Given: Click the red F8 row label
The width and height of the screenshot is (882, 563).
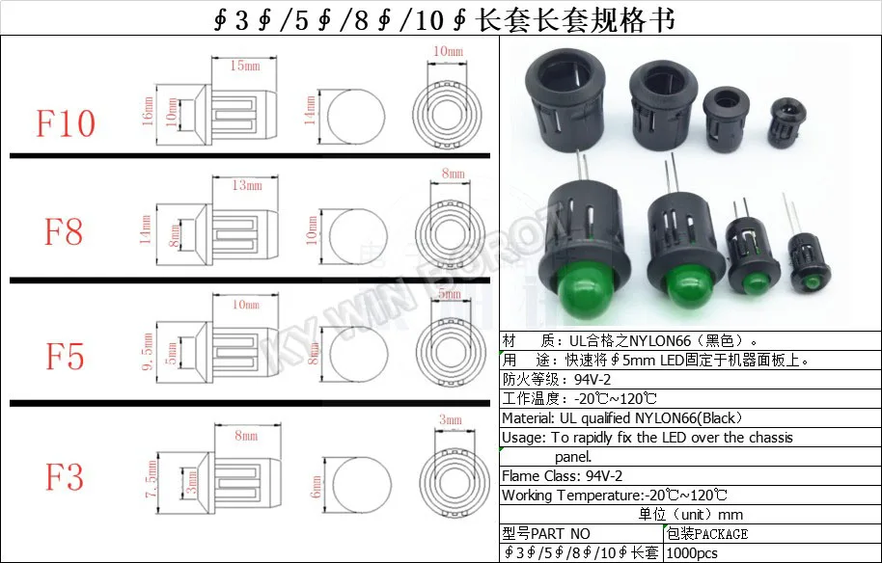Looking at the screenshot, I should (64, 232).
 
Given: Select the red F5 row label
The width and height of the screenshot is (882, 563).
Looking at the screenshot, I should (65, 357).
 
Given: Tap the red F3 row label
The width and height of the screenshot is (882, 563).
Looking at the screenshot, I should (64, 477).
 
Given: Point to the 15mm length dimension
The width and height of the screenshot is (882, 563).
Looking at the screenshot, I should (244, 67).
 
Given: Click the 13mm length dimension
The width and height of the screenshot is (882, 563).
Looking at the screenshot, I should (245, 185).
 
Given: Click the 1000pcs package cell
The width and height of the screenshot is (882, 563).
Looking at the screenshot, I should (693, 552).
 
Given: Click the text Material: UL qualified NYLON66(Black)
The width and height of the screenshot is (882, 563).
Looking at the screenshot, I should (620, 417).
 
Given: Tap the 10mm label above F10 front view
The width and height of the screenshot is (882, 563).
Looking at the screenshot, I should (449, 50).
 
